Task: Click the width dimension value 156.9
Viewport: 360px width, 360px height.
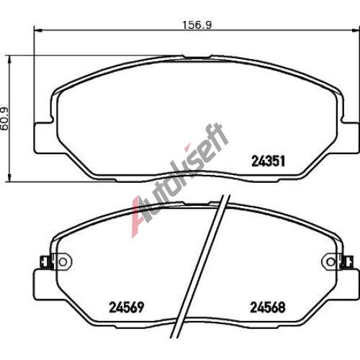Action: click(x=197, y=25)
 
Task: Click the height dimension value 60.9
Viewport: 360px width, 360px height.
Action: click(x=4, y=119)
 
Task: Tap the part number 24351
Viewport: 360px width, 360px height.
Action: click(x=268, y=161)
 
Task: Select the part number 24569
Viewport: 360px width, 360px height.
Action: click(x=127, y=307)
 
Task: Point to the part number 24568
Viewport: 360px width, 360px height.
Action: click(x=268, y=307)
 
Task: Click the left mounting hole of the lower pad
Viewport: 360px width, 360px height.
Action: click(x=63, y=262)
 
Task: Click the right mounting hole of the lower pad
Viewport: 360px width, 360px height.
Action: click(x=331, y=262)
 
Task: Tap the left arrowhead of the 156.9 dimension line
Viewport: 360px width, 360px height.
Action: click(x=37, y=30)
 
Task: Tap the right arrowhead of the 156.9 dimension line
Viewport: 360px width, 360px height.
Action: click(x=356, y=30)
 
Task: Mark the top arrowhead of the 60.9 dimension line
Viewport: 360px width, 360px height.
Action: click(x=9, y=60)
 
